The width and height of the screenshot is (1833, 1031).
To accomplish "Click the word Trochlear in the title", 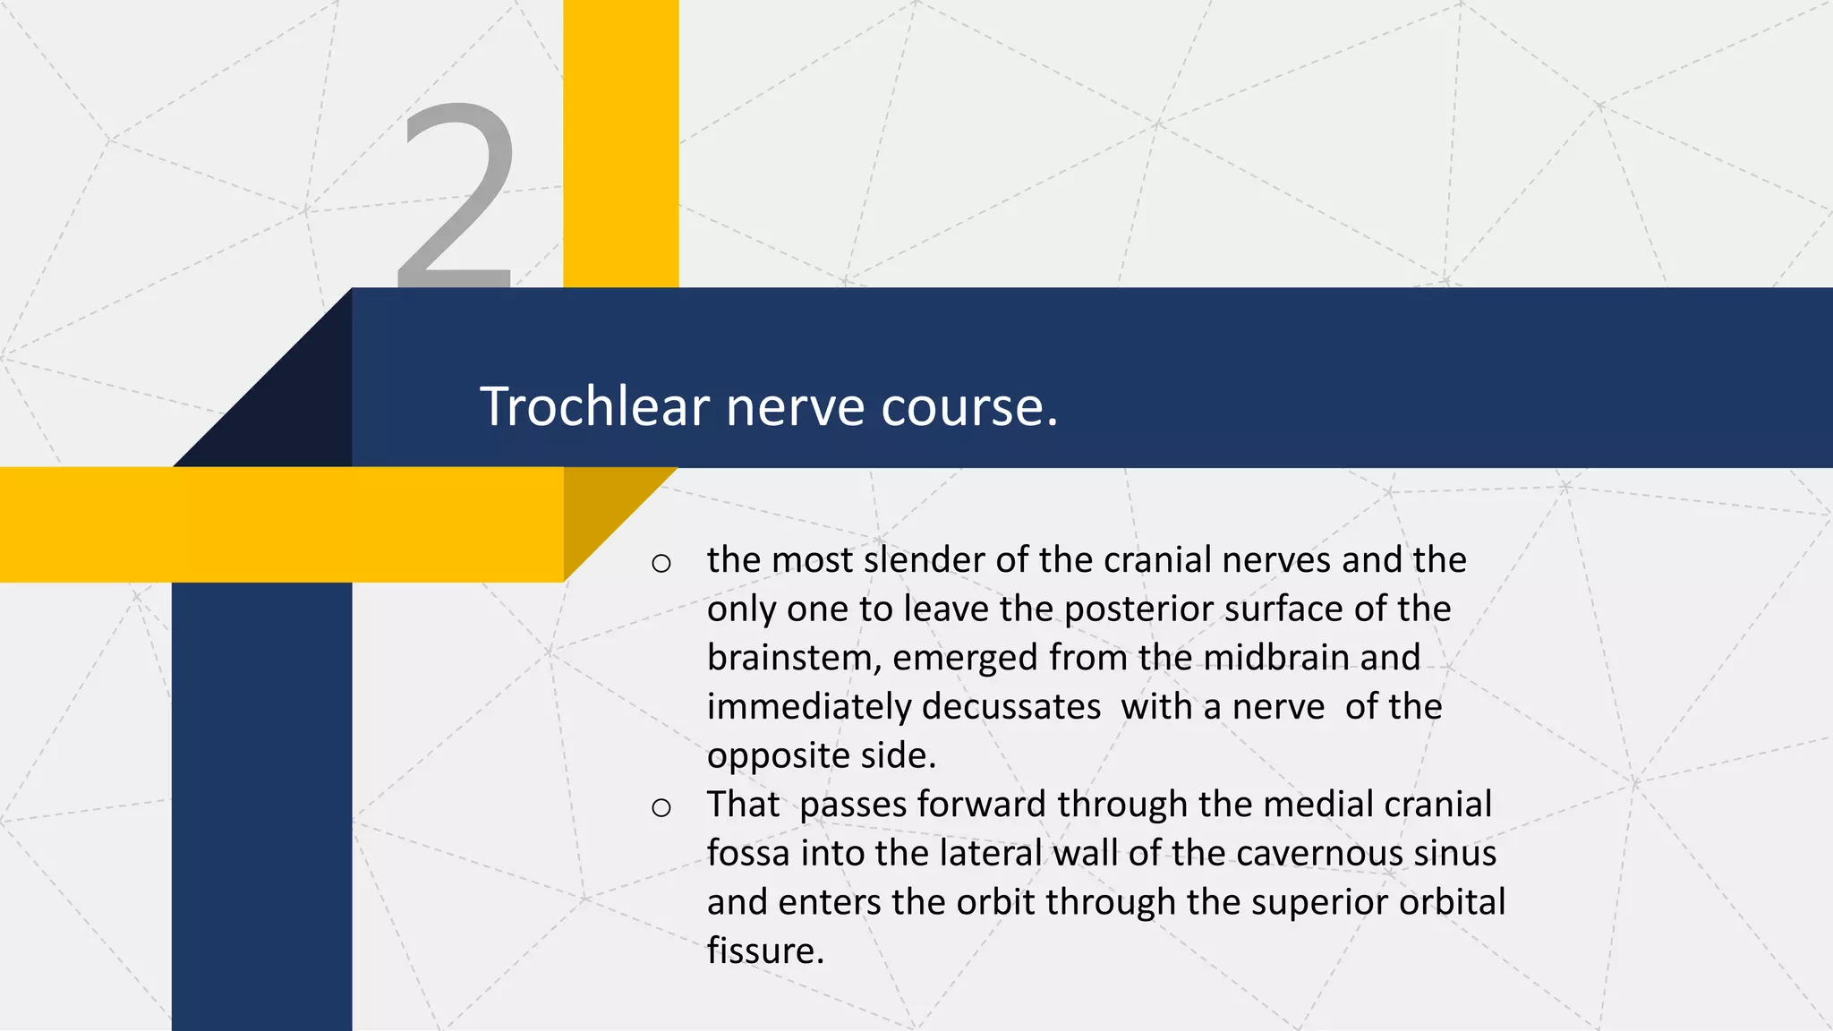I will tap(595, 406).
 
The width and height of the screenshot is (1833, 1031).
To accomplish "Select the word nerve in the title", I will tap(796, 406).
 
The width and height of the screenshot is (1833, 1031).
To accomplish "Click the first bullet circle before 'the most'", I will tap(661, 563).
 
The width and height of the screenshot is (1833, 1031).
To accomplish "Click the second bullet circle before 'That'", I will tap(661, 807).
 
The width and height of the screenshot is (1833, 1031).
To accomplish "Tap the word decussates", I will tap(1010, 707).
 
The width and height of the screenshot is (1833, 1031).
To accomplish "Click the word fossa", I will tap(747, 853).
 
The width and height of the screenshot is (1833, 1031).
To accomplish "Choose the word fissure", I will tap(764, 951).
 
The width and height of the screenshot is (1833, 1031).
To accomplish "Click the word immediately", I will tap(809, 707).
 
